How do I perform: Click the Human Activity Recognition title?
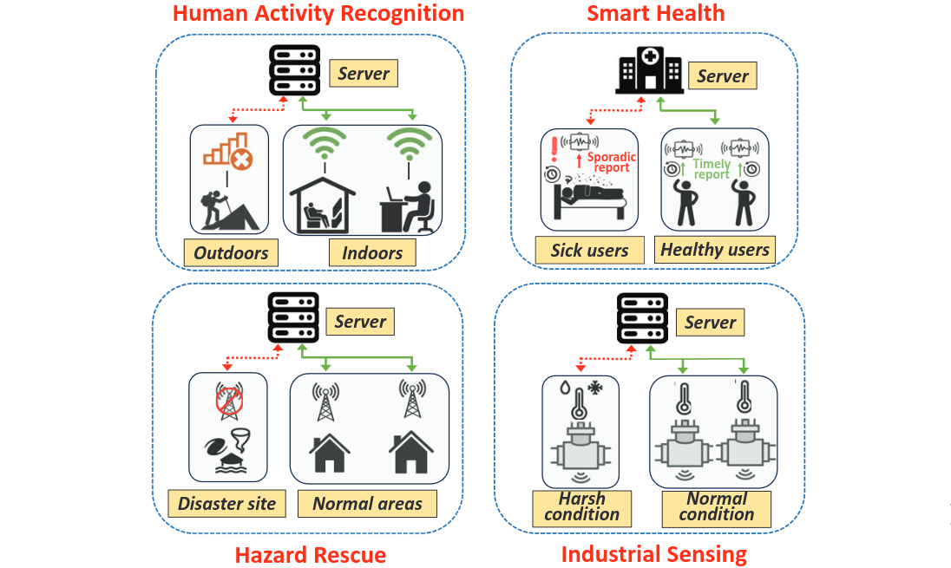(318, 14)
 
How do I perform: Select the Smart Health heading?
(655, 13)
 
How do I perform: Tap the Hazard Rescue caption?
(311, 554)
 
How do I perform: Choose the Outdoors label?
(231, 253)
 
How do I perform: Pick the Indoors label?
(372, 253)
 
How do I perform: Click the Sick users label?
(589, 251)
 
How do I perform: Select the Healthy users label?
(715, 250)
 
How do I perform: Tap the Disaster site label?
(226, 503)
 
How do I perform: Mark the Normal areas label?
(367, 503)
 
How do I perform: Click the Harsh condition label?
(582, 506)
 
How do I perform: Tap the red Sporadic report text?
(613, 162)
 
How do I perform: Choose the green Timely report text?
(712, 169)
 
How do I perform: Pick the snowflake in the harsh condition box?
(595, 388)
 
